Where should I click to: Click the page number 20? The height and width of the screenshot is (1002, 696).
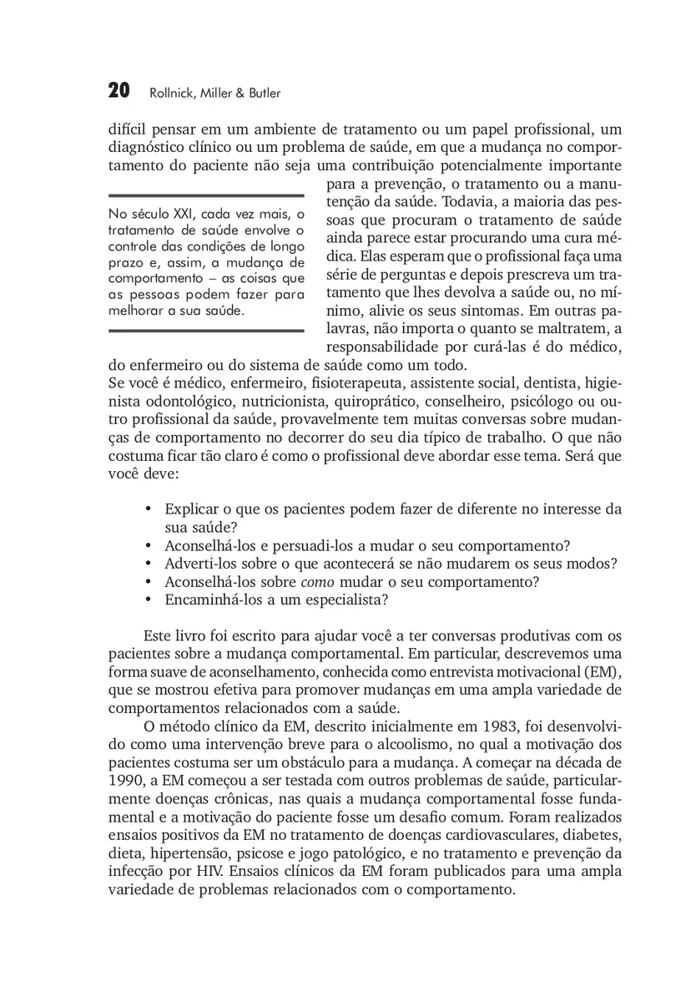click(119, 91)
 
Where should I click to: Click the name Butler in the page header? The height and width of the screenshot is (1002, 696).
click(265, 93)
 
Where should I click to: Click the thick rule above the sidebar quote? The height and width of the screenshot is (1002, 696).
click(205, 195)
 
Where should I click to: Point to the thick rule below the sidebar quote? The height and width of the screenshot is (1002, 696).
click(205, 331)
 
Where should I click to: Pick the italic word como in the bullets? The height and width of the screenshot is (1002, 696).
click(319, 582)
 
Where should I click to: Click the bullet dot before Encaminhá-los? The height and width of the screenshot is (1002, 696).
click(148, 600)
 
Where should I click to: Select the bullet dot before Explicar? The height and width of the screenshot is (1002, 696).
click(148, 509)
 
